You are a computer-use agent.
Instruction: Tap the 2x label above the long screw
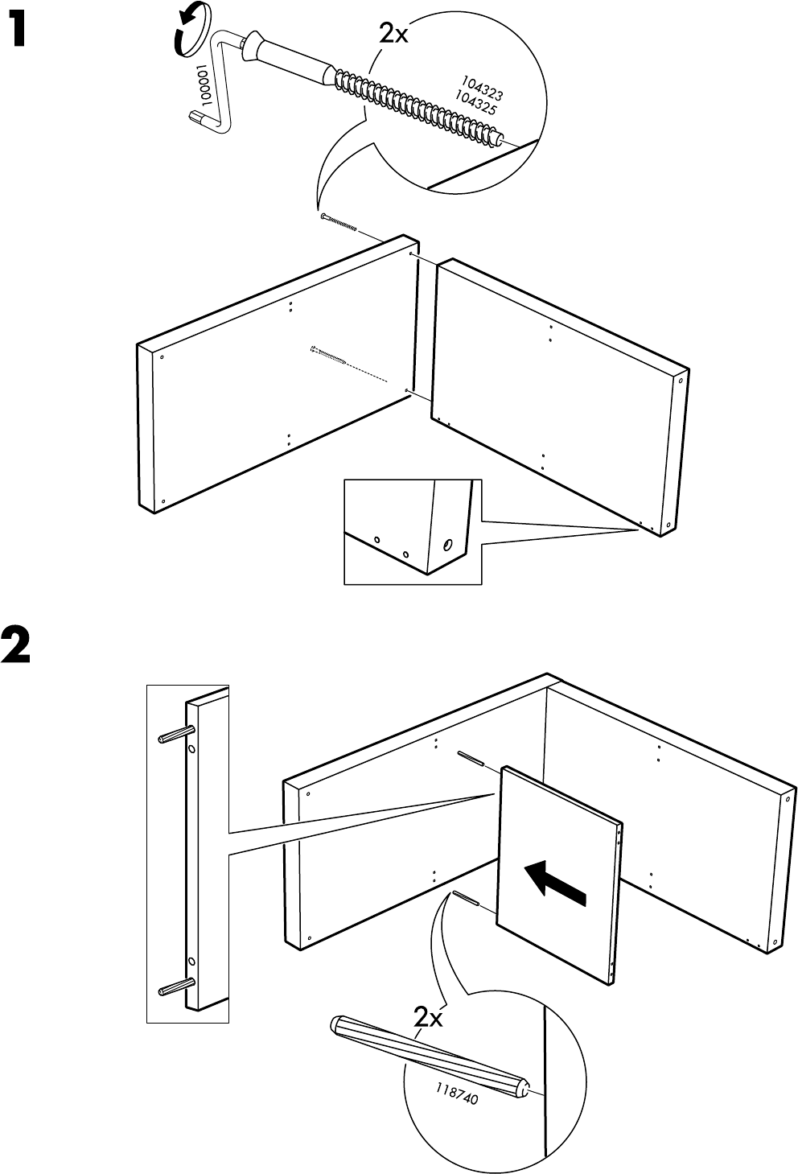pyautogui.click(x=395, y=33)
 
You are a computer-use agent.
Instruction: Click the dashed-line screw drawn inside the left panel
pyautogui.click(x=330, y=355)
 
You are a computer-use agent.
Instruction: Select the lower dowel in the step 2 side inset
pyautogui.click(x=175, y=987)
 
